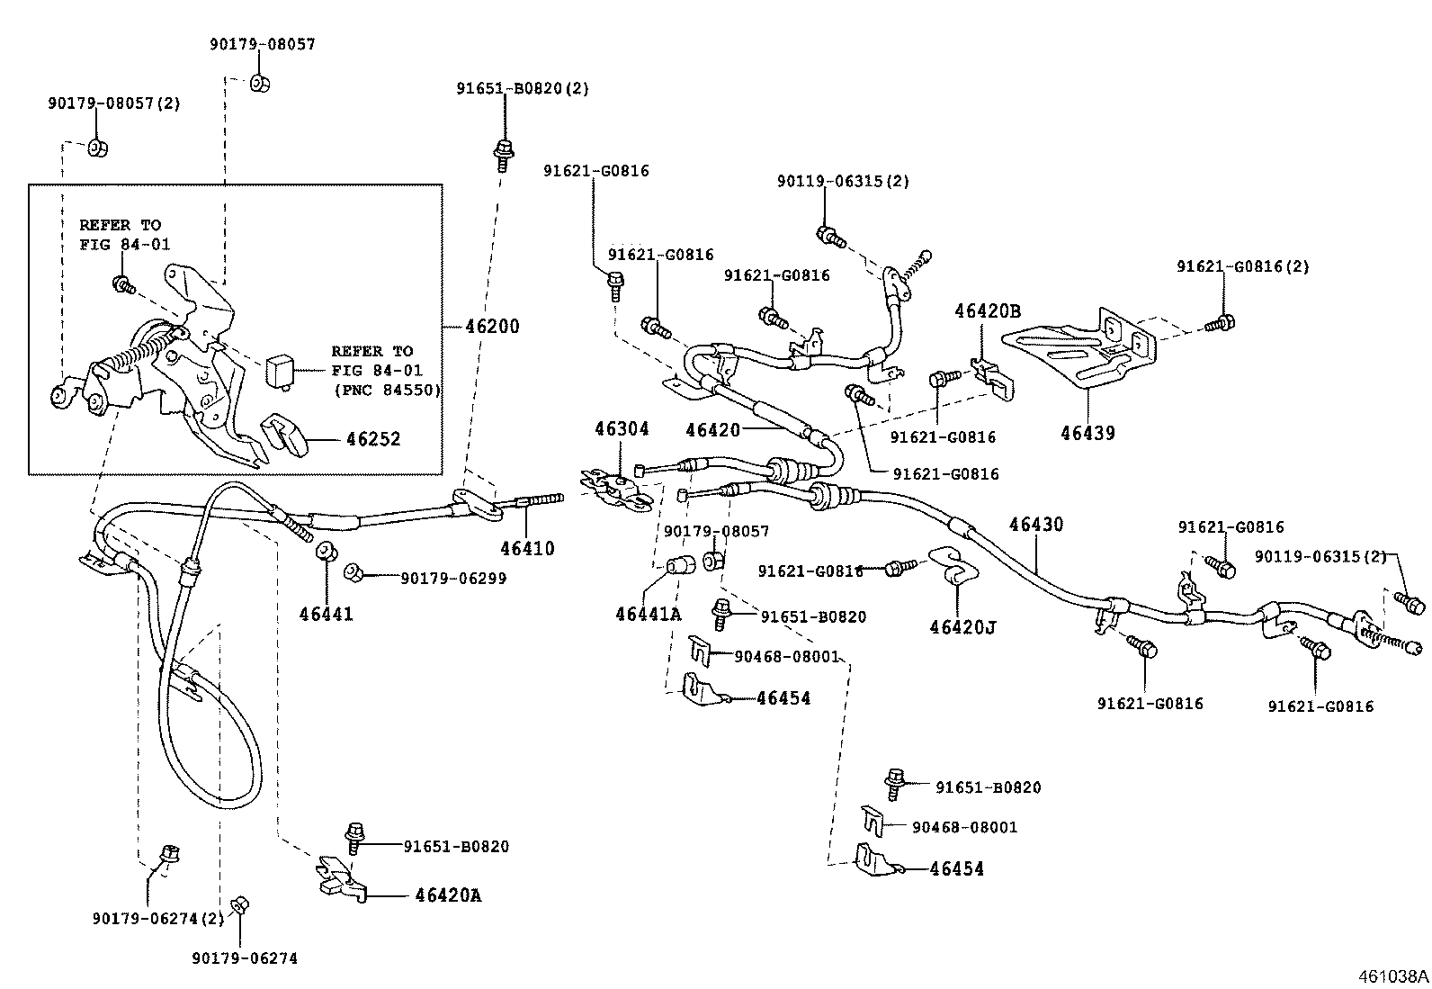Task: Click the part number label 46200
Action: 492,327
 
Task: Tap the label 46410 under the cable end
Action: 527,548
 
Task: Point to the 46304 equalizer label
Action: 621,429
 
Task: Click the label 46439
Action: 1087,433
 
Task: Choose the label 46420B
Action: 988,311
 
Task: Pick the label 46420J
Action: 963,625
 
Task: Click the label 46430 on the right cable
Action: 1036,524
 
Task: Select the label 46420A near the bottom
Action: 448,895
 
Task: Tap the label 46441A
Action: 649,615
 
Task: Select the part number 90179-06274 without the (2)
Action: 244,958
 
